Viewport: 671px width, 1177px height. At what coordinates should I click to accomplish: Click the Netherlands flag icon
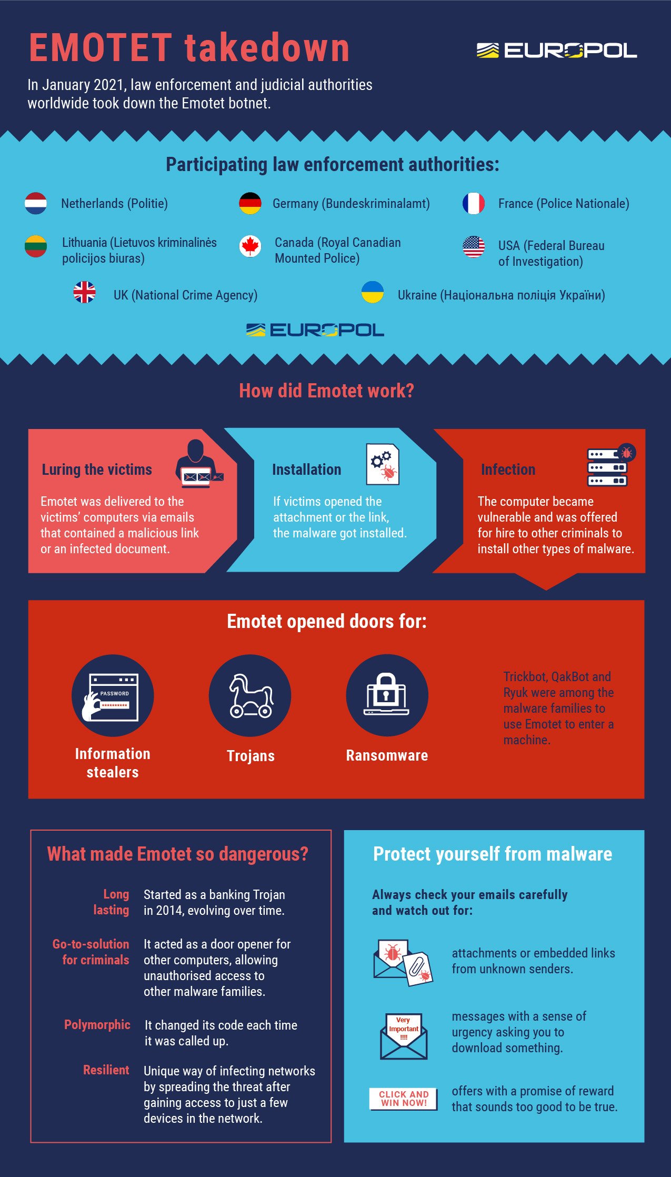[36, 203]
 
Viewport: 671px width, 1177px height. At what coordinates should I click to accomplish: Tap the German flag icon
[250, 203]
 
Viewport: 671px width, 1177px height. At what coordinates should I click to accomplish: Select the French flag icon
[473, 203]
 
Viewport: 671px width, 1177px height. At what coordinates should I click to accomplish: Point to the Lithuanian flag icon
[36, 246]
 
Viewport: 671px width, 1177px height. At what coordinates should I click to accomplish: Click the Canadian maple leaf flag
[250, 246]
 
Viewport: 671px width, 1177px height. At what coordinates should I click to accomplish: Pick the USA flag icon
[473, 246]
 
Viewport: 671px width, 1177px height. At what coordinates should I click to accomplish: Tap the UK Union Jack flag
[84, 293]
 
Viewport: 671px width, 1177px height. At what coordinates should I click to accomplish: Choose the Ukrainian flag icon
[372, 292]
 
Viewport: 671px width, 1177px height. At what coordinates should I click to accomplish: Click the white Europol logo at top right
[556, 51]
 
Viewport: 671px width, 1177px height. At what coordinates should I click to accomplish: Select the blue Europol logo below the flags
[315, 330]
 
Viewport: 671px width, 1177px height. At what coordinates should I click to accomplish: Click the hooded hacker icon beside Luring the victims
[198, 463]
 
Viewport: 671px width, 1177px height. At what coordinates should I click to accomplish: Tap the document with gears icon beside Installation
[383, 464]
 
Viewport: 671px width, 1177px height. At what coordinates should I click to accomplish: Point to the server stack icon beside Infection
[609, 466]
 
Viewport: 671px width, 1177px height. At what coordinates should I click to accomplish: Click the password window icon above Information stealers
[113, 696]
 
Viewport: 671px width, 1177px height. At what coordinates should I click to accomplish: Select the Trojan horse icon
[250, 696]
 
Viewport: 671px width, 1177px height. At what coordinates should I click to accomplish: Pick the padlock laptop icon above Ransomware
[387, 695]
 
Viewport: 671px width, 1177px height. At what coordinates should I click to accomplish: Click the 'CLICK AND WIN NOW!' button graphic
[404, 1098]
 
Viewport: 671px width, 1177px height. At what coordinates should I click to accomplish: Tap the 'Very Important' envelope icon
[404, 1036]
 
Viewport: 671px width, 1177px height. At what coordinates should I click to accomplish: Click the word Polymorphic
[97, 1024]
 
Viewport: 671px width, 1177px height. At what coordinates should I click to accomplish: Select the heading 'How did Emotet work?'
[326, 391]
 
